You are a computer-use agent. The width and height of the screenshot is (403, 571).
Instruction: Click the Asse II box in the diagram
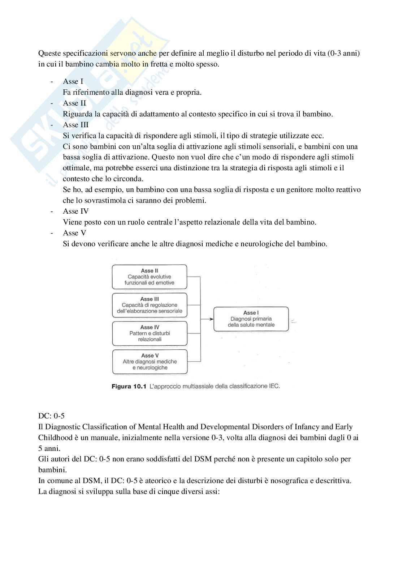[x=149, y=277]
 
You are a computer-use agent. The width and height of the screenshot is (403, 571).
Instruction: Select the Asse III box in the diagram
[x=149, y=305]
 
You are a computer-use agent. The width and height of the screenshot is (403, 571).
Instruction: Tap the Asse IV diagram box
[x=149, y=333]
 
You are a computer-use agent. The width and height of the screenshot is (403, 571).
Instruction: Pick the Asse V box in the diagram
[x=150, y=361]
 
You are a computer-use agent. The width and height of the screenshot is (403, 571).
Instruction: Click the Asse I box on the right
[x=251, y=319]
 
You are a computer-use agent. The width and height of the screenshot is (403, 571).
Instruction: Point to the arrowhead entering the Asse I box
[x=211, y=319]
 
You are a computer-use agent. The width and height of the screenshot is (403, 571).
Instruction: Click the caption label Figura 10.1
[x=129, y=387]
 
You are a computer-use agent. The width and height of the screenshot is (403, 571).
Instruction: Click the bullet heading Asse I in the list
[x=73, y=81]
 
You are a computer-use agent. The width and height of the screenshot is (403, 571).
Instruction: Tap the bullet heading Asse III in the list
[x=75, y=125]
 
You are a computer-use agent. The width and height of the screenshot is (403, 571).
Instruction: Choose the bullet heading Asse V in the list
[x=74, y=233]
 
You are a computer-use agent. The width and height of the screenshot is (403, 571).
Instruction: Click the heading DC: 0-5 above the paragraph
[x=51, y=416]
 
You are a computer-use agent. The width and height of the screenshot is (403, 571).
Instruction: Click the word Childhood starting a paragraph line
[x=55, y=438]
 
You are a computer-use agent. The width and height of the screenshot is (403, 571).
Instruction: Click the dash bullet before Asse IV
[x=52, y=211]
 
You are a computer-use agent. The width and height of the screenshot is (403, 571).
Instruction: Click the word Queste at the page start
[x=49, y=53]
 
